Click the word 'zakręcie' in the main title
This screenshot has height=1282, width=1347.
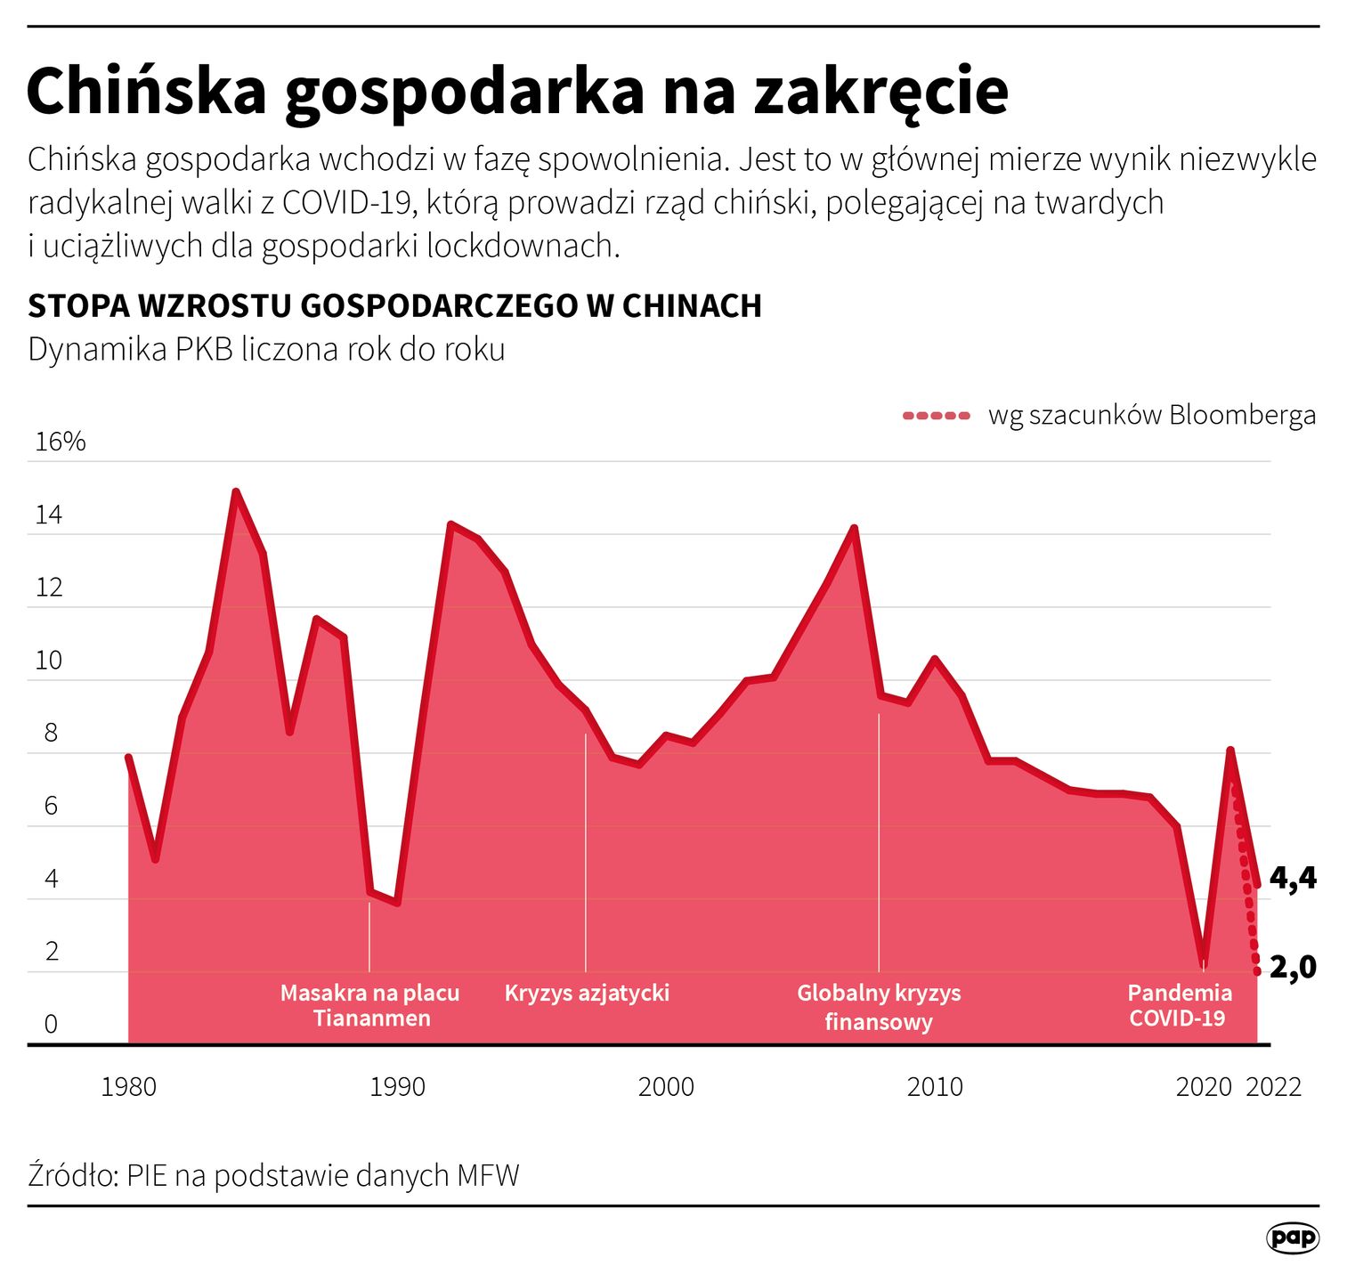[x=880, y=91]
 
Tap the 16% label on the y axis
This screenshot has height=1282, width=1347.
[x=60, y=442]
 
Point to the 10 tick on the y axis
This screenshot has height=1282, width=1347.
[x=48, y=661]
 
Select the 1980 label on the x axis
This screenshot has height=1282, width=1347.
[x=129, y=1087]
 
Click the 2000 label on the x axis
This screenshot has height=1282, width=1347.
[x=666, y=1087]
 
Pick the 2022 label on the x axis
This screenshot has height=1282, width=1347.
[x=1273, y=1087]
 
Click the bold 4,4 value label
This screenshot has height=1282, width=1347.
[x=1293, y=878]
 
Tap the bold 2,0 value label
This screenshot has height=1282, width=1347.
[x=1293, y=966]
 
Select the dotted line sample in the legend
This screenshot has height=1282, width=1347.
[x=936, y=416]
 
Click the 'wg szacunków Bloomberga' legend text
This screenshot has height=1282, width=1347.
[x=1151, y=416]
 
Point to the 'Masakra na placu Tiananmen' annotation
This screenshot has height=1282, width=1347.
[x=370, y=1005]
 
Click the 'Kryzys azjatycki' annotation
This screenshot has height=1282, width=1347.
[x=587, y=993]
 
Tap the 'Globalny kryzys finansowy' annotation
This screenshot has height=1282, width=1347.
[x=879, y=1006]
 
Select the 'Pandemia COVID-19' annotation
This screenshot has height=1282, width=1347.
[x=1179, y=1005]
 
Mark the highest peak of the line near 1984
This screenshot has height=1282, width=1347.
[x=236, y=491]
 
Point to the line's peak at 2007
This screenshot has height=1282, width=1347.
[x=854, y=528]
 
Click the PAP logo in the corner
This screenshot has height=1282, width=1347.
[x=1292, y=1237]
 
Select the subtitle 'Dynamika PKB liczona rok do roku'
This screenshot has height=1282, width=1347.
[x=266, y=349]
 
